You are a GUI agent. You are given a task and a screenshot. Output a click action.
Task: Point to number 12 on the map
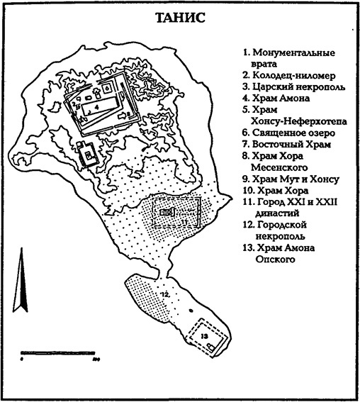162,294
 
